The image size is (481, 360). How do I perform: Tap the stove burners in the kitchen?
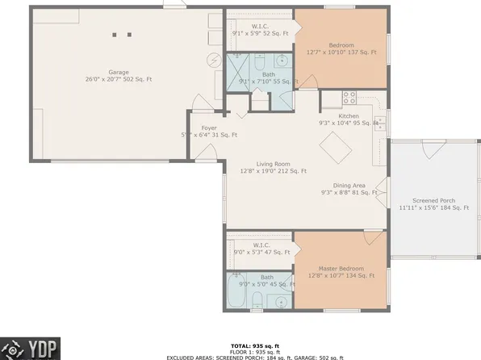(350, 98)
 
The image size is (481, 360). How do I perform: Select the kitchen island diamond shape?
(333, 148)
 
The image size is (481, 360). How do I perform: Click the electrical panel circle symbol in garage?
(215, 61)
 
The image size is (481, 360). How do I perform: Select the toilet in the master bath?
(257, 303)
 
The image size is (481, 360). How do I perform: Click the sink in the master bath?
(281, 302)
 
